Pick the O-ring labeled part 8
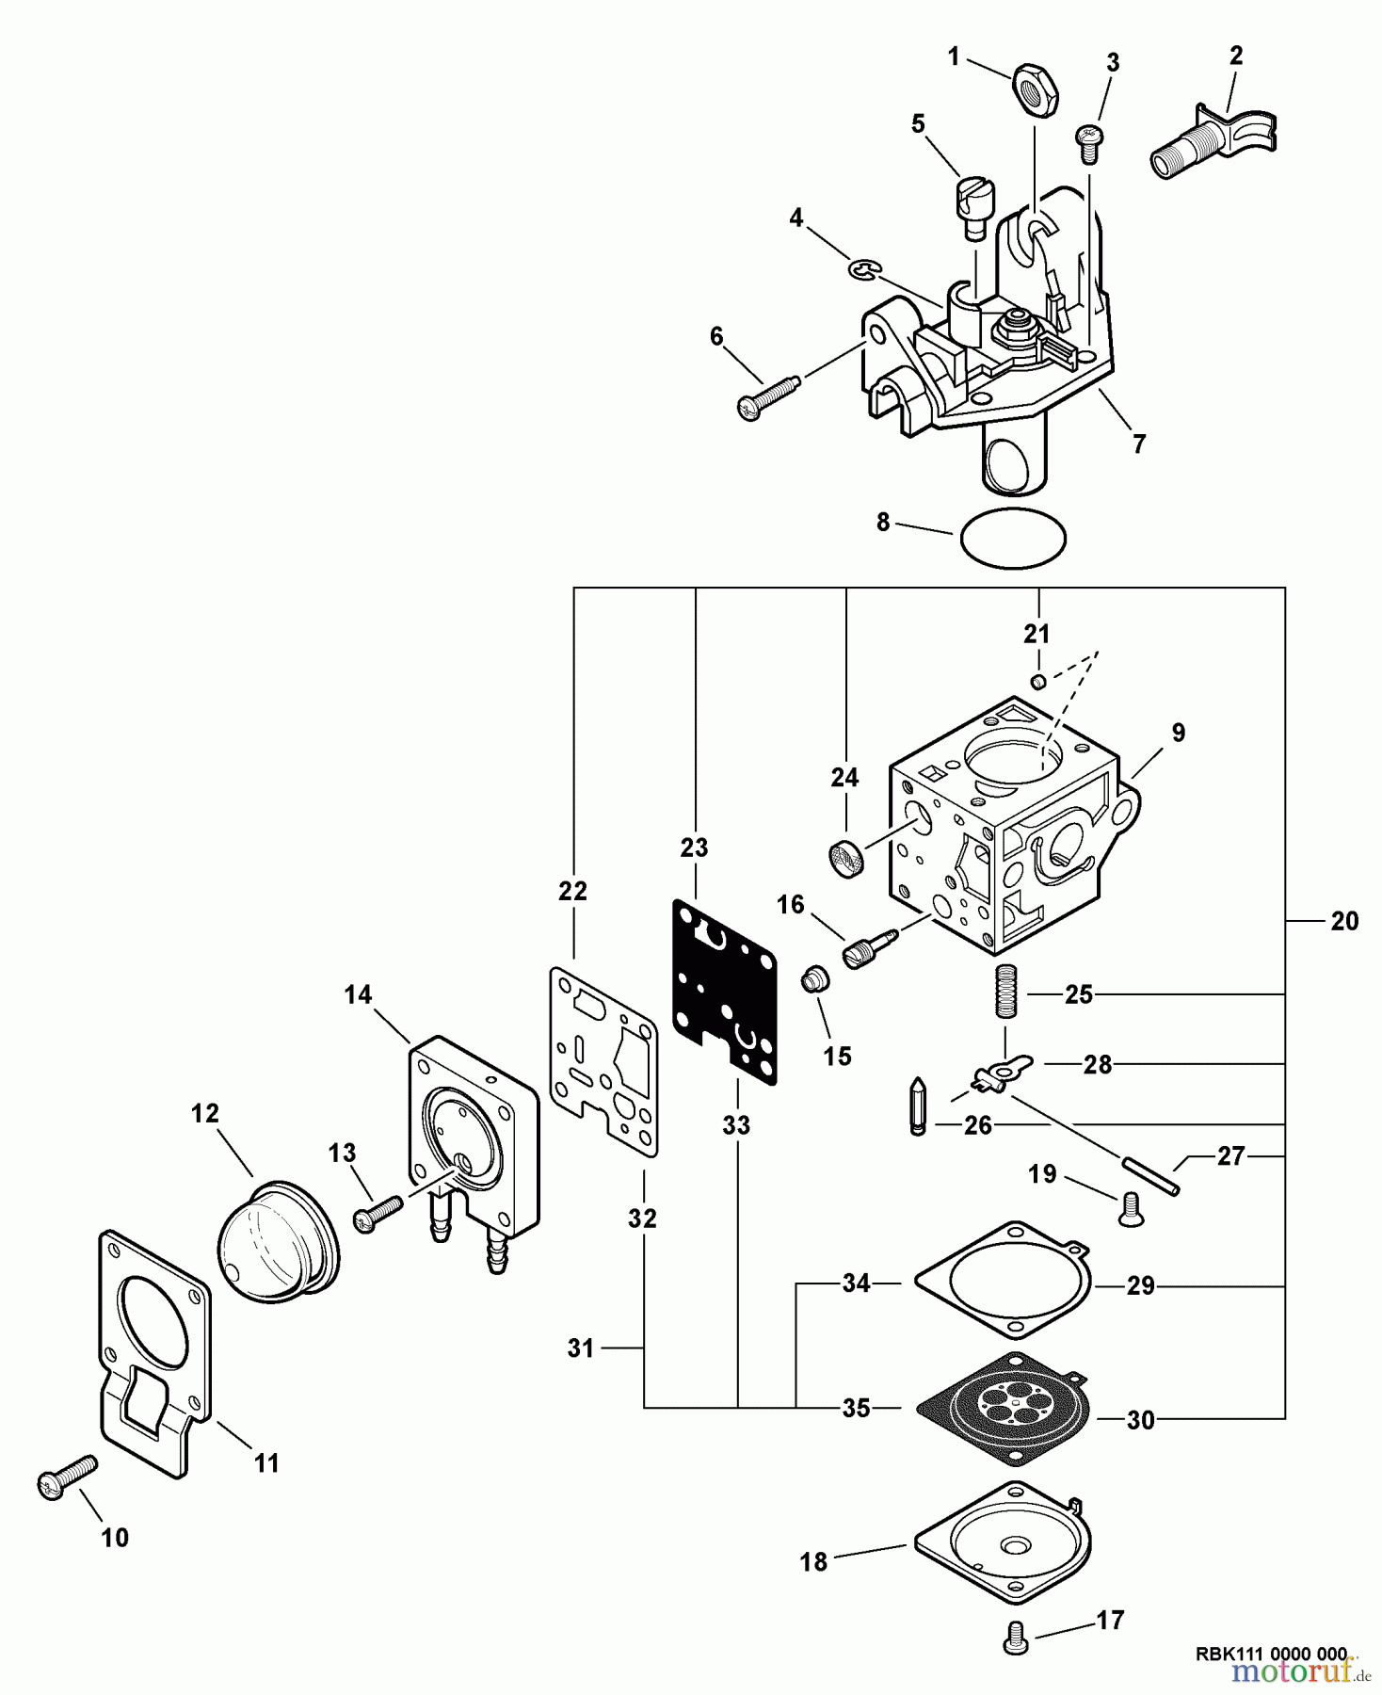(1013, 539)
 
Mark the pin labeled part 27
(1150, 1177)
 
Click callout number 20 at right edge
(1344, 921)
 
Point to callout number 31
(581, 1348)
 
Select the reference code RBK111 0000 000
(1270, 1654)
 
